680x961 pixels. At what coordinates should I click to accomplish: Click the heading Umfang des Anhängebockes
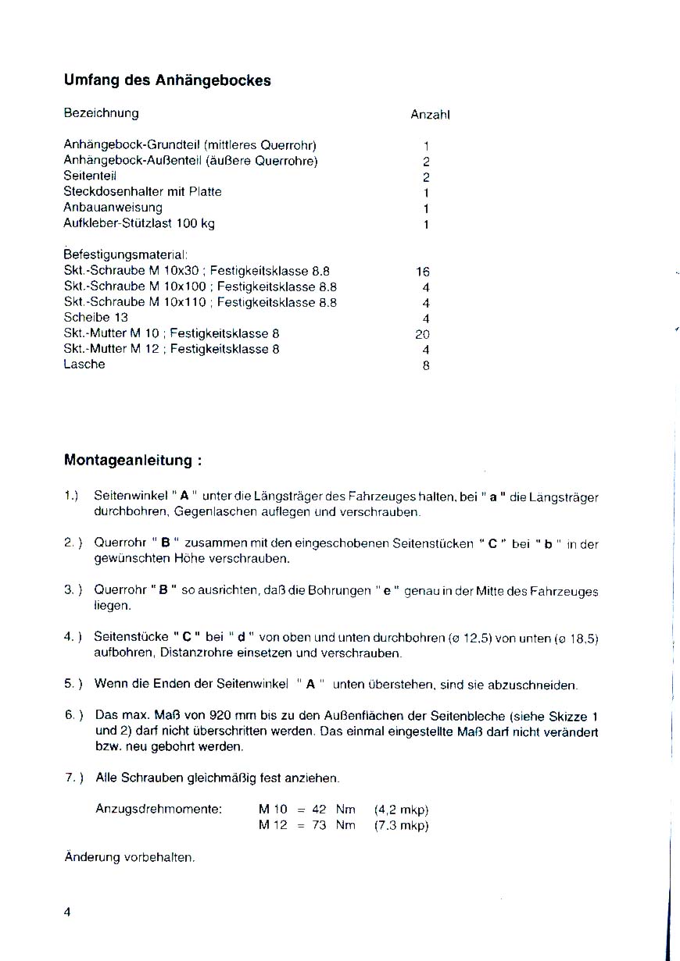coord(167,80)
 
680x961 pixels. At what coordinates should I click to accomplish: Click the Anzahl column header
coord(430,115)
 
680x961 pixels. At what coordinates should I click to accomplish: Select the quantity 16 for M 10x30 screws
coord(423,272)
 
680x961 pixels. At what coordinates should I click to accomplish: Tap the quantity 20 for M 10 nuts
coord(423,333)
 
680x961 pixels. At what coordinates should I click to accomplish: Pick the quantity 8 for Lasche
coord(426,365)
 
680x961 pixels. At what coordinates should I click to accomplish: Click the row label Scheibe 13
coord(95,318)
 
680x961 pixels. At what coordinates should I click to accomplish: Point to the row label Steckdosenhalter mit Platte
coord(142,191)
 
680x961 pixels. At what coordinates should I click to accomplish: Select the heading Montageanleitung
coord(133,460)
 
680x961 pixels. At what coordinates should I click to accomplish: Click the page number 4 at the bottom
coord(67,912)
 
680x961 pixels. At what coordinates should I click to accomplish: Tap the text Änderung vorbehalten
coord(129,857)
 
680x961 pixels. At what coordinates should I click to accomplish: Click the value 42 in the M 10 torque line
coord(319,810)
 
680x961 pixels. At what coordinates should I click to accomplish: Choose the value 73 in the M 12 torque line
coord(319,825)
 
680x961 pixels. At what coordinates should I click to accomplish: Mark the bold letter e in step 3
coord(386,590)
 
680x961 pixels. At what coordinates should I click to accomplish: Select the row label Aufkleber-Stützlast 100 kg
coord(139,223)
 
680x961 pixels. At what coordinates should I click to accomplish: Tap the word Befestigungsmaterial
coord(125,255)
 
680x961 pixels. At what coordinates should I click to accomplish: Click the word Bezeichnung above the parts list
coord(101,113)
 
